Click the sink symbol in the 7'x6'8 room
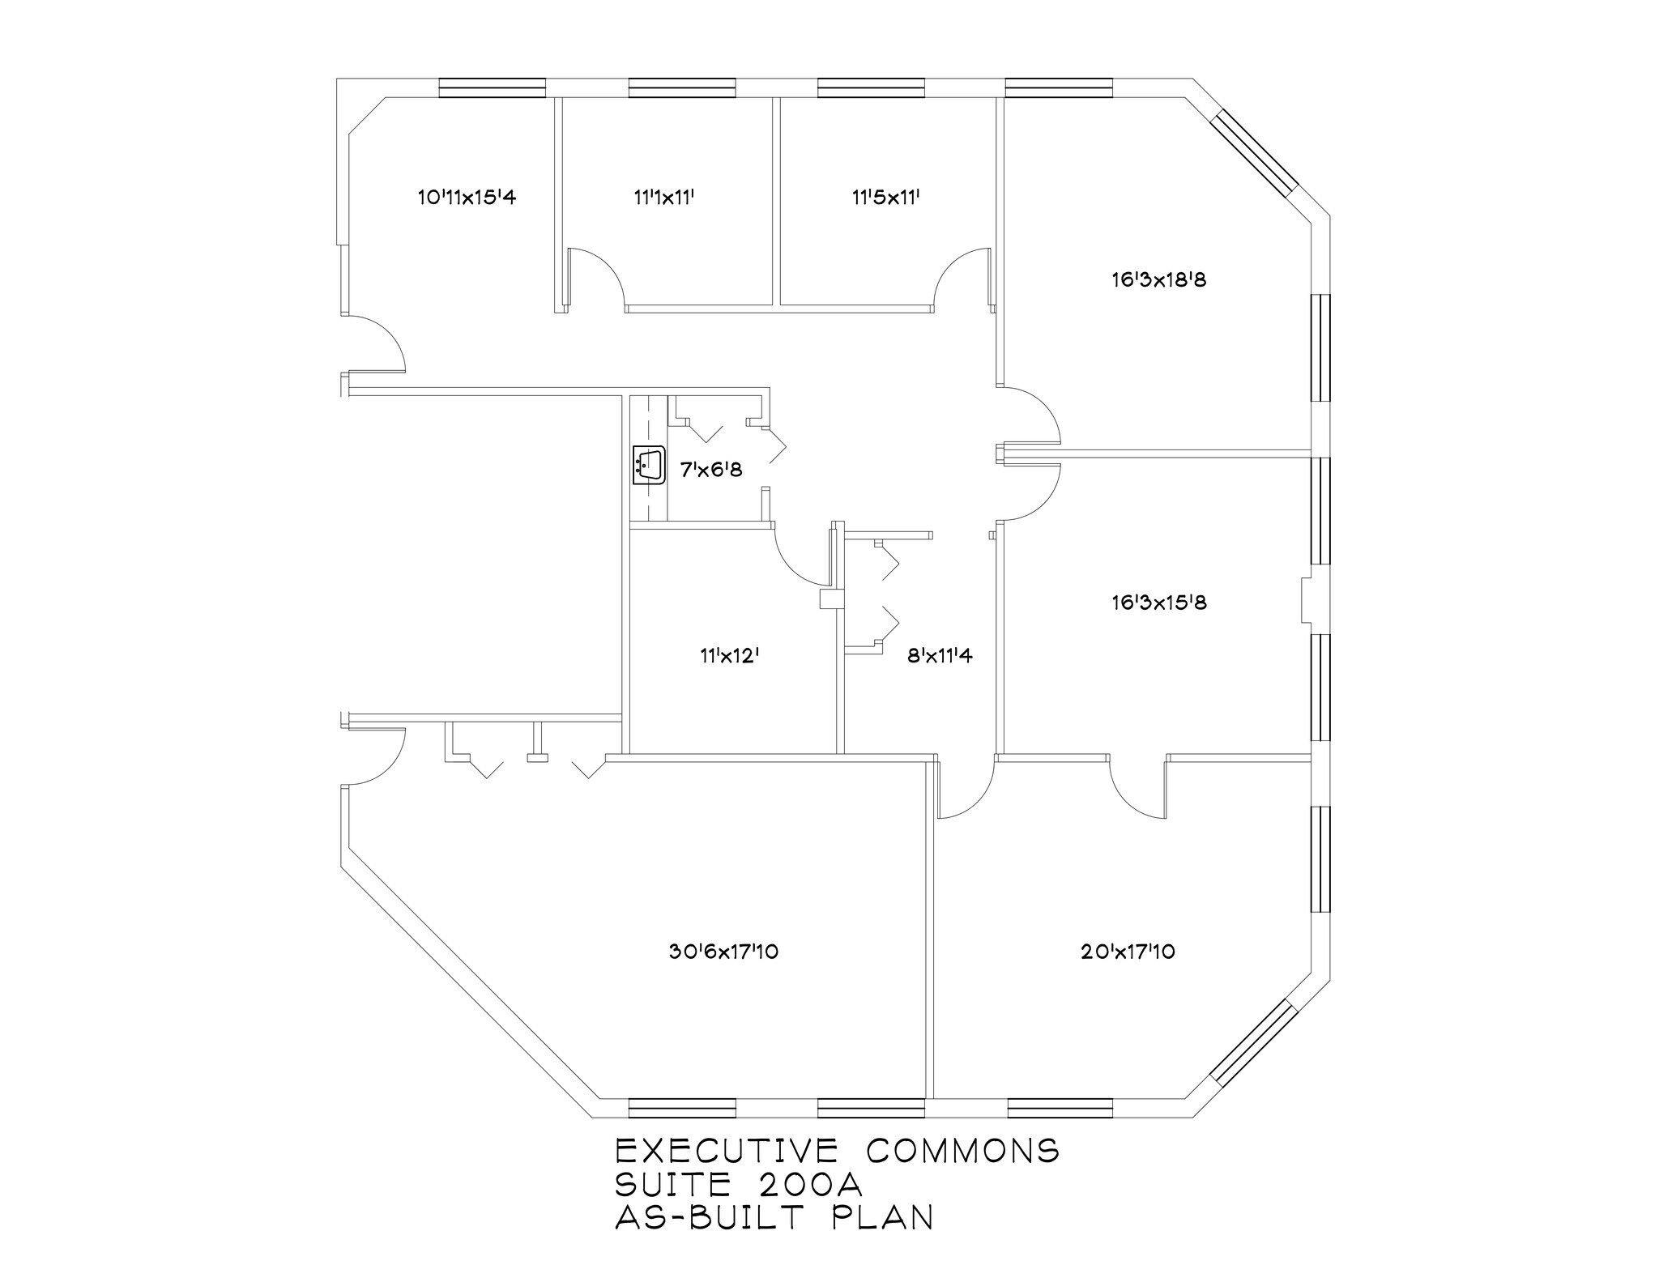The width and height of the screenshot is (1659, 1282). [649, 466]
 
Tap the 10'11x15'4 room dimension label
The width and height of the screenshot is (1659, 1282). [467, 197]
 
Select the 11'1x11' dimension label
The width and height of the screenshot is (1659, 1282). [664, 197]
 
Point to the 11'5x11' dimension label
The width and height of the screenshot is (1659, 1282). [885, 197]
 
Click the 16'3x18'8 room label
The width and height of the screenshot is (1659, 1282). [1159, 280]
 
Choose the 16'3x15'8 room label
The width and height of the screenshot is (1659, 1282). [1159, 603]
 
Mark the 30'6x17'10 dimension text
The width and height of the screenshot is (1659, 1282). [723, 952]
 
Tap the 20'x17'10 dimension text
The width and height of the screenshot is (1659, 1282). [1128, 952]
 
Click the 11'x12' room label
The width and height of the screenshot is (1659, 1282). [729, 655]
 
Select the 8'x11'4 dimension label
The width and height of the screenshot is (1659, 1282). [940, 655]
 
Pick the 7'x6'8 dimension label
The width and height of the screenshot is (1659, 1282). [710, 470]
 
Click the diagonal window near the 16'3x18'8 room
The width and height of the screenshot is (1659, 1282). [1254, 154]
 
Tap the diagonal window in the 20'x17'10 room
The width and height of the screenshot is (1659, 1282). [1254, 1041]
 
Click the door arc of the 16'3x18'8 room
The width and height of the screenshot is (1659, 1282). [1033, 413]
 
